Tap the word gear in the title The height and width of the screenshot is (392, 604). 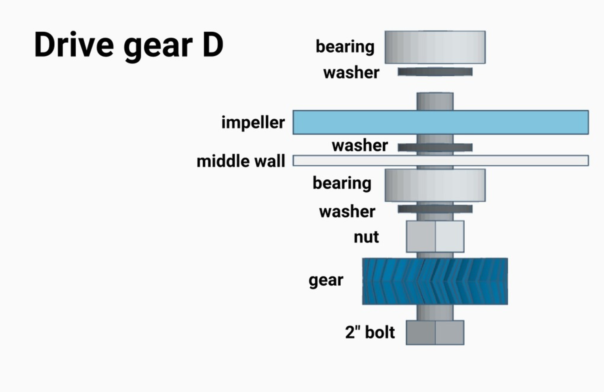coord(158,47)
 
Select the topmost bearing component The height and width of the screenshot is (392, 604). coord(435,47)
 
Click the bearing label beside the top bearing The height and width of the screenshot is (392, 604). coord(345,47)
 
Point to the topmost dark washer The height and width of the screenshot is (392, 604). coord(435,72)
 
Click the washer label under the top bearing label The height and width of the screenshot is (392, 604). coord(351,73)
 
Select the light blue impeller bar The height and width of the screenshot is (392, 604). coord(440,122)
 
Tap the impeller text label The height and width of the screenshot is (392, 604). coord(253,122)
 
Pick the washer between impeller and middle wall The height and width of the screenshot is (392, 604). coord(435,147)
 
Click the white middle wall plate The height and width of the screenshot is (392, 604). coord(440,160)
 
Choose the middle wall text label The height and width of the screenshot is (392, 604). coord(241,161)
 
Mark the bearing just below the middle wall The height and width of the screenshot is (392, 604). coord(435,185)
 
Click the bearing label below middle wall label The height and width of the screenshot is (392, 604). coord(342,183)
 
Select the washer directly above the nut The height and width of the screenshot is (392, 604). coord(435,209)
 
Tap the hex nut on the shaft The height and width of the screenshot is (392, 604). coord(435,236)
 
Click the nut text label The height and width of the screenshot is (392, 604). coord(366,237)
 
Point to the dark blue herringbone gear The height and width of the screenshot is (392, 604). coord(435,281)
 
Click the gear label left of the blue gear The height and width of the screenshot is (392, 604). coord(326,281)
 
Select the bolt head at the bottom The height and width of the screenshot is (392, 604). coord(435,333)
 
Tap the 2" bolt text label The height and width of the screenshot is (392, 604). coord(370,332)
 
